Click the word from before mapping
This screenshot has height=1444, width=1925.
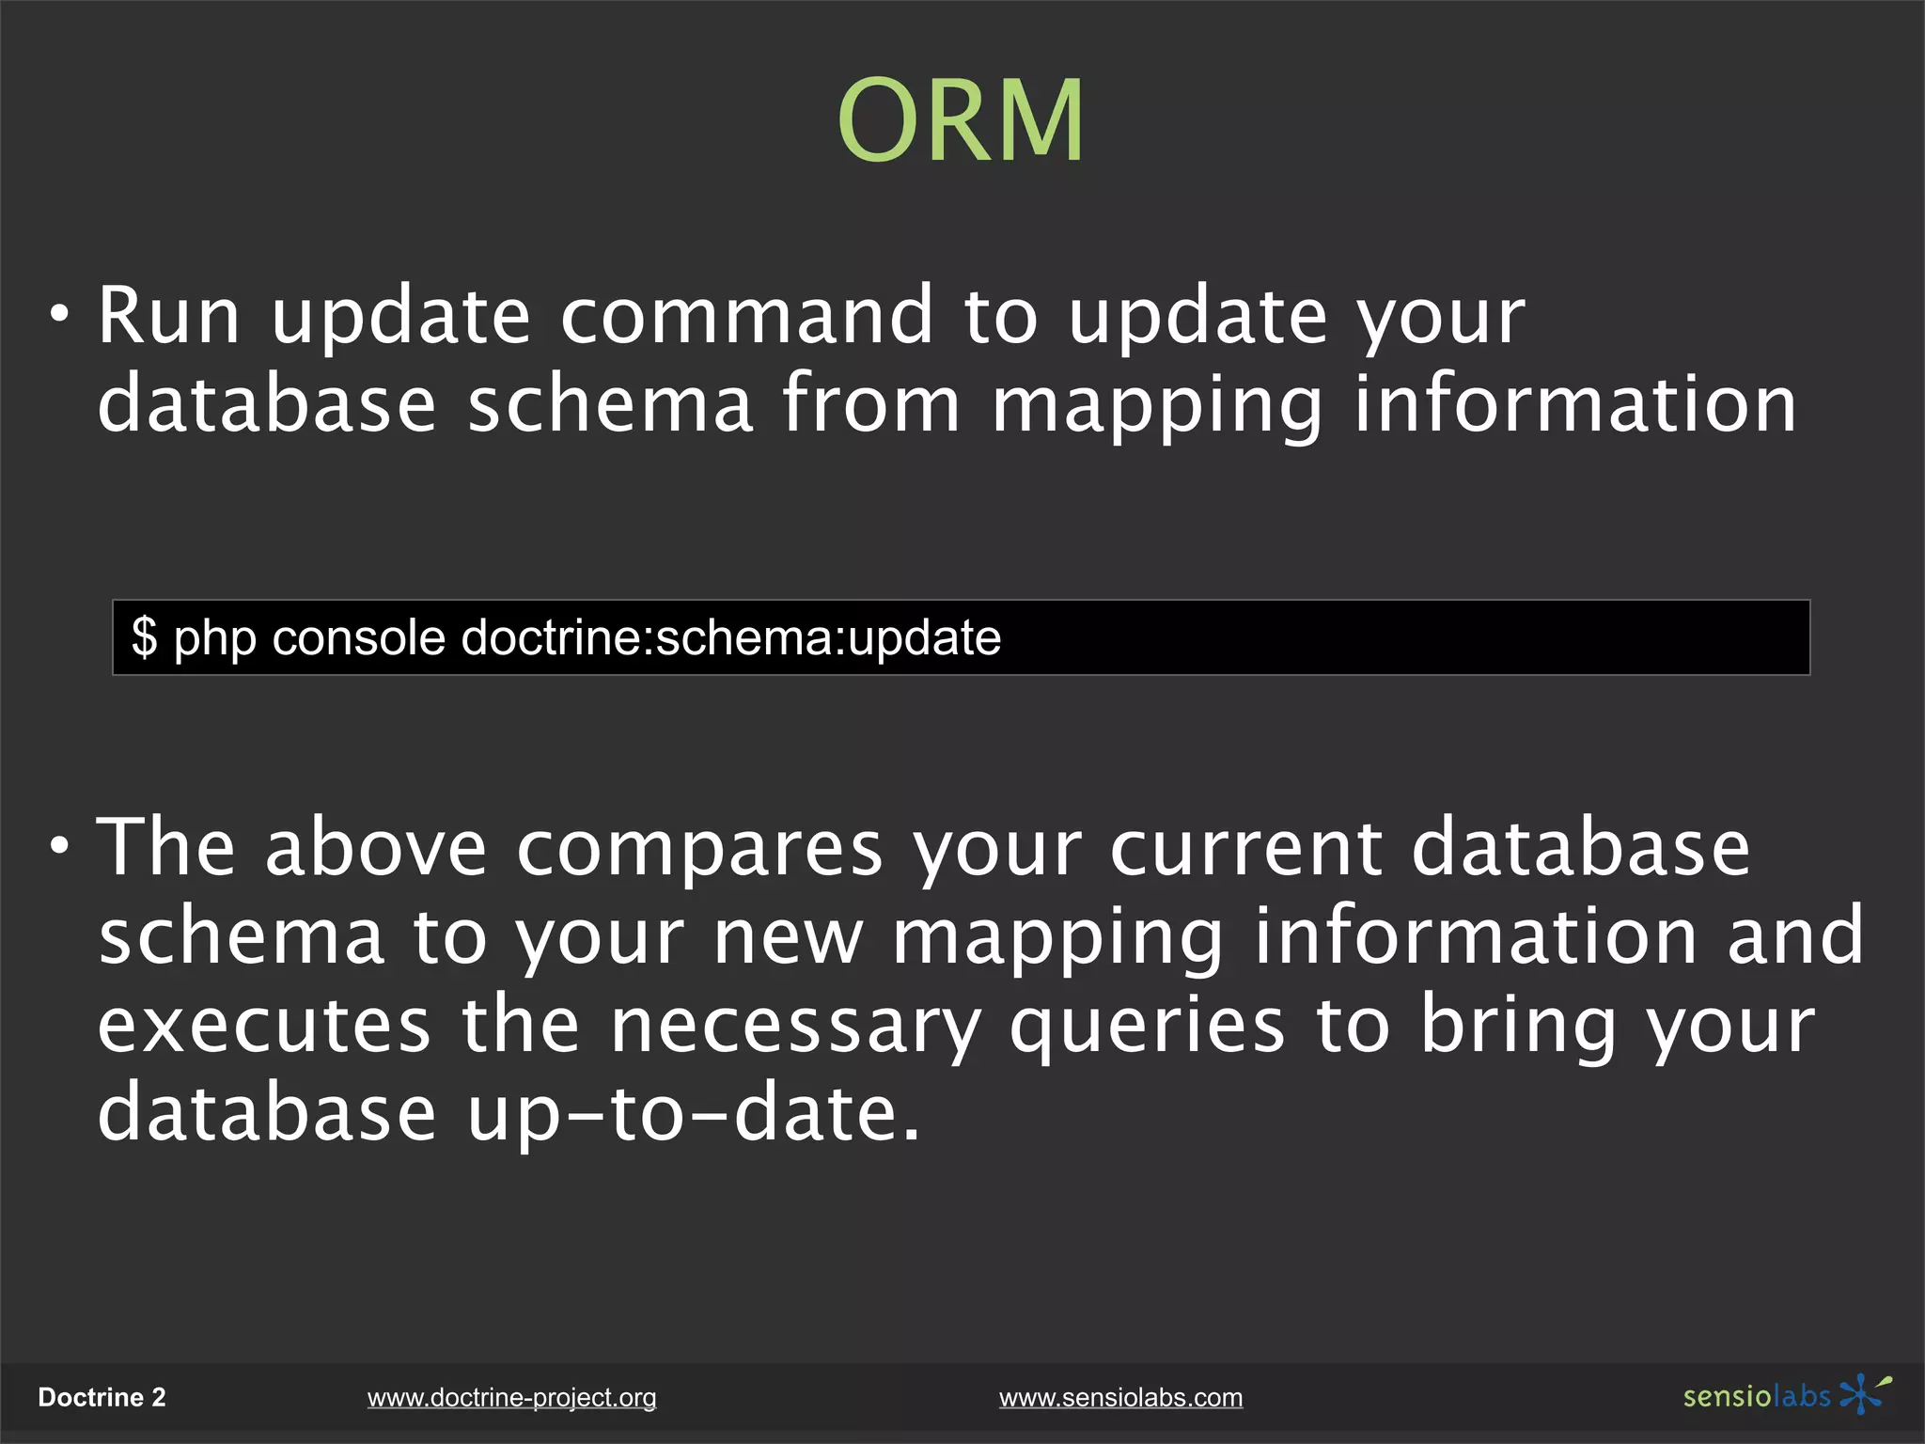(871, 404)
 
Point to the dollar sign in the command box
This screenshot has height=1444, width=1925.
(144, 637)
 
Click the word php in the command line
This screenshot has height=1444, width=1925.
(215, 639)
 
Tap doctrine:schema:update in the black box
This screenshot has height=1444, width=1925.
(731, 637)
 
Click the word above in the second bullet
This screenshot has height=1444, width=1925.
(376, 848)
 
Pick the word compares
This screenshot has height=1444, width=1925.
(700, 850)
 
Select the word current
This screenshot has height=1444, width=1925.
(1245, 848)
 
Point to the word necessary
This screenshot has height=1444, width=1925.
(795, 1028)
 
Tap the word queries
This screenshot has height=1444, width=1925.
(1147, 1028)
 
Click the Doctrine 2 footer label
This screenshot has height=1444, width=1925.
(102, 1398)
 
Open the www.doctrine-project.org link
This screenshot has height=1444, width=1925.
(511, 1398)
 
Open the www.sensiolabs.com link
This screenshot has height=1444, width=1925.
(1120, 1398)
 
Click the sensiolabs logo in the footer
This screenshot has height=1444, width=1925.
(1786, 1395)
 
